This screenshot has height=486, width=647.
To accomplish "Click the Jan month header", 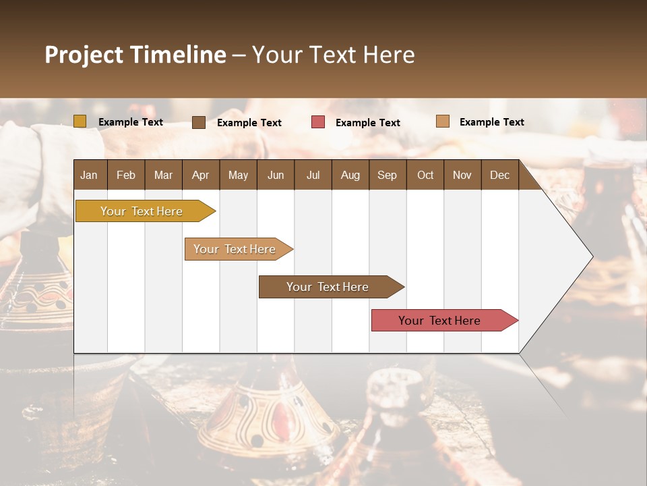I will click(89, 175).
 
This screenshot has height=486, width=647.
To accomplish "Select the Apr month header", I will click(200, 175).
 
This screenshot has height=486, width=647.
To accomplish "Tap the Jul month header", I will click(313, 175).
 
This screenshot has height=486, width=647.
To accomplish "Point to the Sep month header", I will click(387, 175).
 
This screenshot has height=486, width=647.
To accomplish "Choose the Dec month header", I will click(499, 175).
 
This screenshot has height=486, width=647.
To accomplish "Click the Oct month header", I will click(425, 175).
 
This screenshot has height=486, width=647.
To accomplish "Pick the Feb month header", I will click(126, 175).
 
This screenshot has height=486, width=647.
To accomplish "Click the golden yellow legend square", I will click(80, 122).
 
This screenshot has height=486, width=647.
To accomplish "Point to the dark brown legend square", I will click(199, 122).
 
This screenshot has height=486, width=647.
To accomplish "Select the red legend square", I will click(318, 122).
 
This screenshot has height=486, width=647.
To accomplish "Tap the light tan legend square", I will click(443, 122).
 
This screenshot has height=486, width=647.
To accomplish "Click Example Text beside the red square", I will click(367, 122).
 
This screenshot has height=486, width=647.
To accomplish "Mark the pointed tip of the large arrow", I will click(591, 256).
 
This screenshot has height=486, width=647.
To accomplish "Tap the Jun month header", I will click(275, 175).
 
